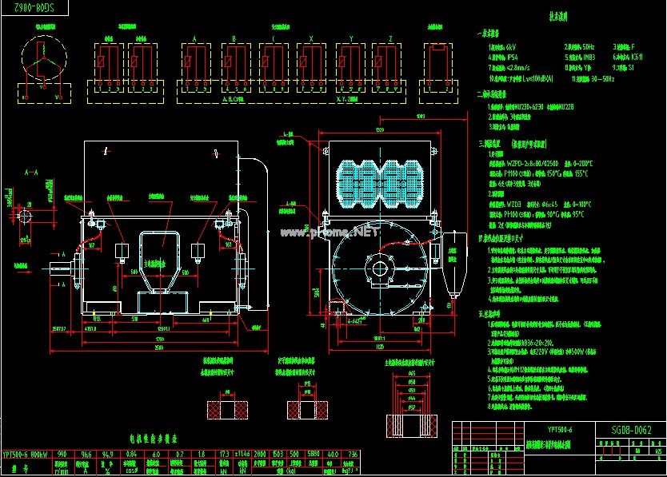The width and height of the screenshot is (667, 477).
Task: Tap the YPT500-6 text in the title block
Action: (560, 430)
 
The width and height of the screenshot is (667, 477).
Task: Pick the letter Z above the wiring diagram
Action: (389, 38)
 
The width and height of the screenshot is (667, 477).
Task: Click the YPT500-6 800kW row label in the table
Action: (24, 455)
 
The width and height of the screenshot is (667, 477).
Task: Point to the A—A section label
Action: (32, 172)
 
